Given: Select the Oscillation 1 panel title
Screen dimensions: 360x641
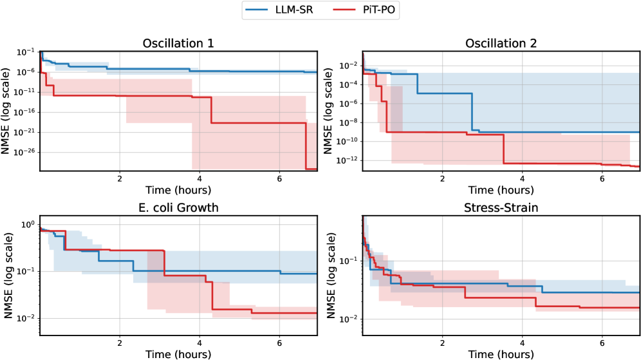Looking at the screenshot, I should [x=178, y=43].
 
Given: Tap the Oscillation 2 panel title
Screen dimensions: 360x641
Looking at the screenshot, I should [x=501, y=43].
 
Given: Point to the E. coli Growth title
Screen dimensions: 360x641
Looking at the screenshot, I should [x=178, y=208].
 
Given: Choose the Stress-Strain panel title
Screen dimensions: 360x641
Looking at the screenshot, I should [x=501, y=208].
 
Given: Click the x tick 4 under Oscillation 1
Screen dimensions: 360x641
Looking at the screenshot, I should [x=200, y=178].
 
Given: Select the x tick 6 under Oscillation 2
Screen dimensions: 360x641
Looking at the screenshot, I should [x=602, y=178].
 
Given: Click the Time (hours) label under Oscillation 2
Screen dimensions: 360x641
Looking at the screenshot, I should [x=501, y=190].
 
